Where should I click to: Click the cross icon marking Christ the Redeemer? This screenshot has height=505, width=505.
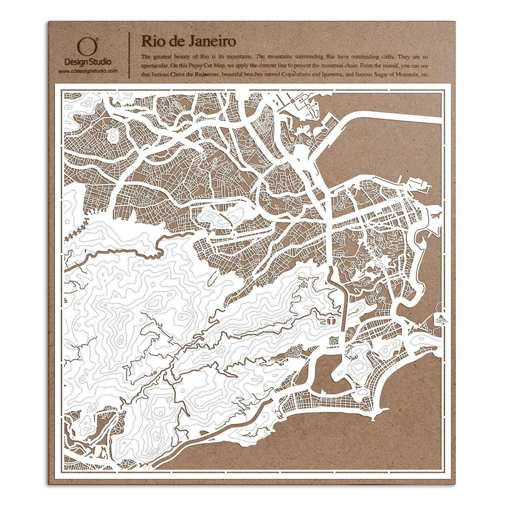coord(331,320)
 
